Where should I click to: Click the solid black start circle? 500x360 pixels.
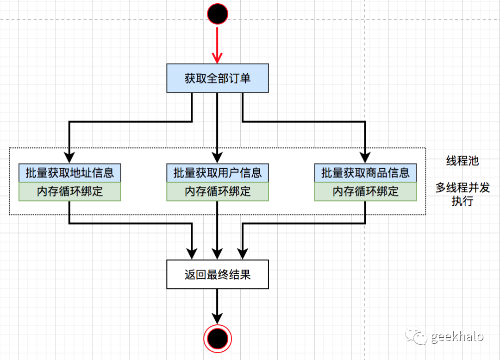(x=218, y=14)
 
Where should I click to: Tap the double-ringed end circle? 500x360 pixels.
(x=218, y=339)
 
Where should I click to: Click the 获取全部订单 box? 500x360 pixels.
(x=218, y=78)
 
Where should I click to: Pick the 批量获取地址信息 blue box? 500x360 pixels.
(x=70, y=173)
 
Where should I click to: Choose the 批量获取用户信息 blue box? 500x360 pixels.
(x=218, y=173)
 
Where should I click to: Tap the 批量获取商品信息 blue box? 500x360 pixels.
(x=365, y=173)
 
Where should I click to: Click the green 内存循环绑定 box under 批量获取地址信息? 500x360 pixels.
(x=70, y=191)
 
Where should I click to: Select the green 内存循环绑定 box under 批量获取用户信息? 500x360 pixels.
(x=218, y=191)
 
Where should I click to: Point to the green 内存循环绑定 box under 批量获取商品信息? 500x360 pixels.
(x=365, y=191)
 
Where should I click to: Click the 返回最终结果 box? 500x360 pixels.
(x=218, y=275)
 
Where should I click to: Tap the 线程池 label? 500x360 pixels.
(x=462, y=161)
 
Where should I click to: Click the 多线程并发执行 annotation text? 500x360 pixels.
(x=462, y=195)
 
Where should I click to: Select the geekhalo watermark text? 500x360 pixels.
(x=457, y=336)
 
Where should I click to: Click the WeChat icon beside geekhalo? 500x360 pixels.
(x=416, y=336)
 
